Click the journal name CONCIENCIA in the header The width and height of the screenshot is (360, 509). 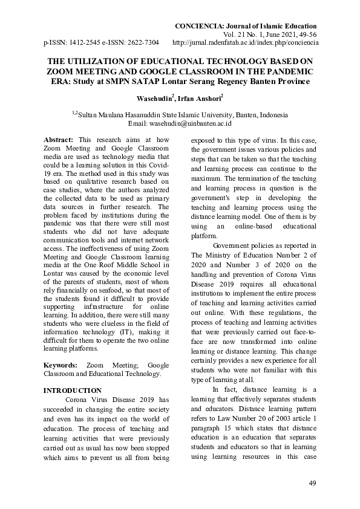coord(198,26)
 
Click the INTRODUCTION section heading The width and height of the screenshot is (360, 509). coord(73,391)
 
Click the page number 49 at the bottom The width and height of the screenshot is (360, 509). coord(312,482)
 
